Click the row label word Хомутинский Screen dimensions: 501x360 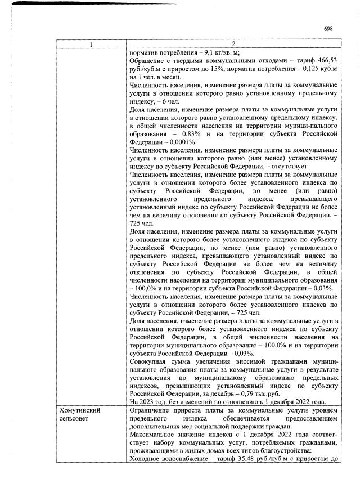(x=79, y=411)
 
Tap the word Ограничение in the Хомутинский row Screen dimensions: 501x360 (x=151, y=411)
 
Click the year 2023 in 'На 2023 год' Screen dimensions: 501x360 (x=147, y=402)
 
